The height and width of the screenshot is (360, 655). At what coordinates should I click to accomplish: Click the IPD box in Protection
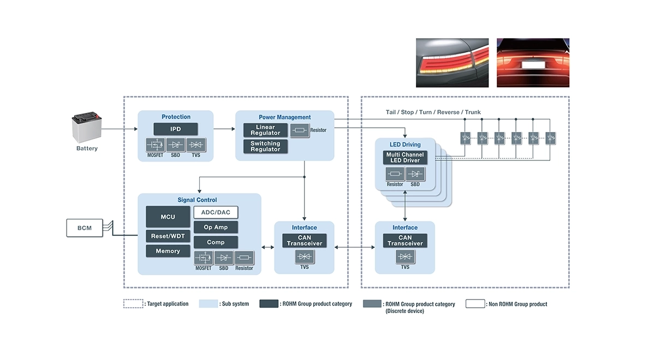(x=175, y=129)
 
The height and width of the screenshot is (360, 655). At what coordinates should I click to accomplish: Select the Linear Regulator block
(x=265, y=130)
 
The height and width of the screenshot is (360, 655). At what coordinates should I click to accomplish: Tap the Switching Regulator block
(x=265, y=146)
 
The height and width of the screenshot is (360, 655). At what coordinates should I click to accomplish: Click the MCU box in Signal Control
(x=168, y=217)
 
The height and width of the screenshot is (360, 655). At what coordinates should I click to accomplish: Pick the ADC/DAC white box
(x=216, y=213)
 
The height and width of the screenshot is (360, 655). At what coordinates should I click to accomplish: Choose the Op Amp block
(x=216, y=227)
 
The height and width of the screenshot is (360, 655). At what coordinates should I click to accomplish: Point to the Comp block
(x=216, y=242)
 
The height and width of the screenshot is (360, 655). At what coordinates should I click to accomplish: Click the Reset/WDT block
(x=168, y=236)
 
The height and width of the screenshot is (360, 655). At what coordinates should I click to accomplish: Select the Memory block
(x=168, y=251)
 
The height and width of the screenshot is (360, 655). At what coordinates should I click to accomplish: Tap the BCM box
(x=84, y=228)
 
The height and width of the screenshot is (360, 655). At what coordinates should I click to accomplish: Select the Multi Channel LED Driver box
(x=405, y=158)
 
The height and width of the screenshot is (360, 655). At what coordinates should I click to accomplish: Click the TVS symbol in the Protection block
(x=196, y=145)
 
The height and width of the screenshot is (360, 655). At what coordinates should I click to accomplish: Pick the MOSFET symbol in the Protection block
(x=156, y=145)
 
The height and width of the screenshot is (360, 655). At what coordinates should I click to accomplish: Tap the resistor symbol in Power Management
(x=300, y=130)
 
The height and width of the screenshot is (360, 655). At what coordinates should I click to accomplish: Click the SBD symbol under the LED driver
(x=415, y=175)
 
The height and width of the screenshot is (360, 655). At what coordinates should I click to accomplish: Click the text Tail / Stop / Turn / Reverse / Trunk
(x=433, y=112)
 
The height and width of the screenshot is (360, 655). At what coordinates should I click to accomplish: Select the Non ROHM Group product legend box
(x=475, y=304)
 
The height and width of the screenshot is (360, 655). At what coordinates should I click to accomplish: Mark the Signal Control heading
(x=197, y=200)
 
